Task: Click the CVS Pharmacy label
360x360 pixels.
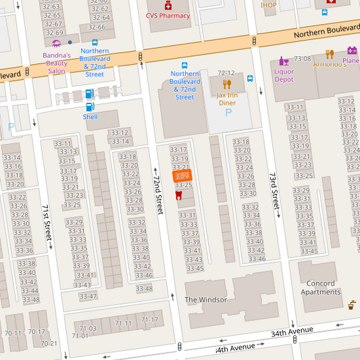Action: pos(168,16)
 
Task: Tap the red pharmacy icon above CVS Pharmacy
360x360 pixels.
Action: pos(168,5)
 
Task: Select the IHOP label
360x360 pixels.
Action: pos(269,5)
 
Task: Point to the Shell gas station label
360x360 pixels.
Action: pos(90,117)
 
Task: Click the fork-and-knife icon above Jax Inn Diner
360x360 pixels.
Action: pos(227,84)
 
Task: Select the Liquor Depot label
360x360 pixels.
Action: pos(284,75)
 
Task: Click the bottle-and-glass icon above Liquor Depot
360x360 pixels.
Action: pos(284,61)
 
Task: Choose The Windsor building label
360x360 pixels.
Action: pos(206,299)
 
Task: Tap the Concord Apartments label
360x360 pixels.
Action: pos(320,288)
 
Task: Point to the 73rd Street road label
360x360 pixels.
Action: pos(274,194)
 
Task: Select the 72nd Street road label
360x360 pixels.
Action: pos(158,191)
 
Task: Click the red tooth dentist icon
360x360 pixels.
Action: pos(178,195)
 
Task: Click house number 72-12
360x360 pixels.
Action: pos(226,73)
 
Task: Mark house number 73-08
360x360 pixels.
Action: pos(303,59)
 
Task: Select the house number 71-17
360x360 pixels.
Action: pos(149,319)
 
